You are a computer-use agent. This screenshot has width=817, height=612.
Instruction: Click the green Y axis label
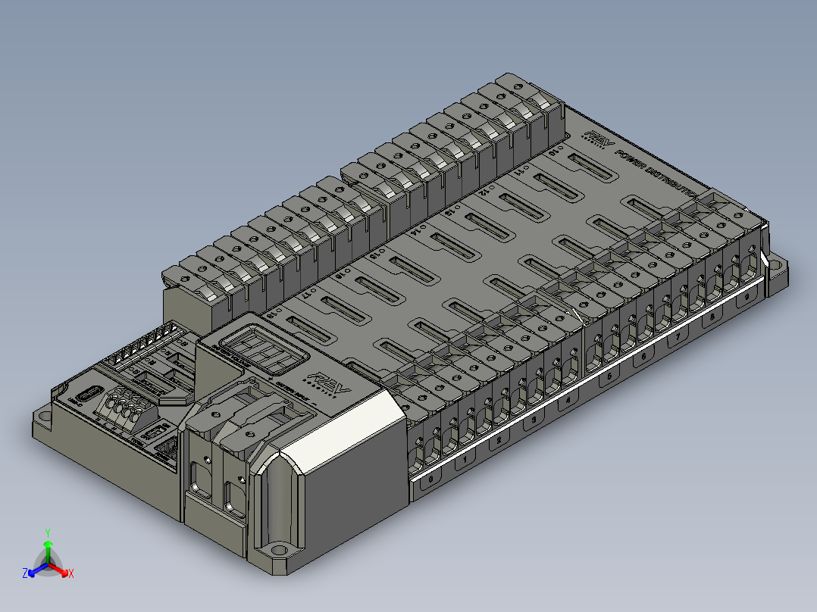point(47,532)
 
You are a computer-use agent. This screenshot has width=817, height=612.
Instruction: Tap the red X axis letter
point(70,574)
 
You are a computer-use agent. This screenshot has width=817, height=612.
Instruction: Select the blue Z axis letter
point(25,574)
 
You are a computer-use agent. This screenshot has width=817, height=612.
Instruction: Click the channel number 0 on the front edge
point(431,479)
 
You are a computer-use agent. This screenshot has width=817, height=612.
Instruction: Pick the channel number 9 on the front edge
point(748,298)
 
